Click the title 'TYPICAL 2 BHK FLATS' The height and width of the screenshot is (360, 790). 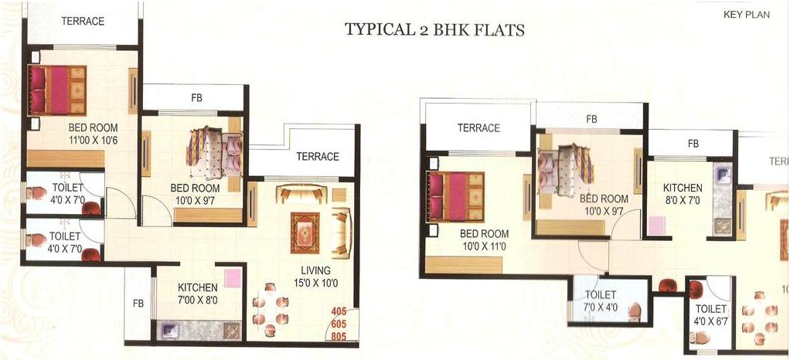pos(434,30)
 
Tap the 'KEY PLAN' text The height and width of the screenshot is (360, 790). pos(746,15)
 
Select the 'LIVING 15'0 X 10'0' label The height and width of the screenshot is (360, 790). pos(316,277)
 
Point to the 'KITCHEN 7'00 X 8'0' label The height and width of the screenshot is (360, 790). pos(199,294)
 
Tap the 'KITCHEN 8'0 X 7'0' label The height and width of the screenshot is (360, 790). pos(683,194)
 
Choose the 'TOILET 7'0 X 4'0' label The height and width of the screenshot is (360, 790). pos(601,301)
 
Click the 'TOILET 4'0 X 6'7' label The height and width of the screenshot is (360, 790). pos(710,314)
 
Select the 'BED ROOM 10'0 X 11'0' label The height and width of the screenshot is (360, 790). pos(484,239)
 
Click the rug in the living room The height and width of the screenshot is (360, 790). pos(305,233)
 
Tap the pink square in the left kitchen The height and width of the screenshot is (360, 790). pos(233,278)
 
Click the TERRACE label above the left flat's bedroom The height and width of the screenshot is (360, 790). pos(83,21)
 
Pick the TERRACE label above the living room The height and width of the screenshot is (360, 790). pos(318,156)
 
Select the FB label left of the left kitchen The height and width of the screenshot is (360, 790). pos(138,303)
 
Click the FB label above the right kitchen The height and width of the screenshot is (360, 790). pos(693,144)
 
